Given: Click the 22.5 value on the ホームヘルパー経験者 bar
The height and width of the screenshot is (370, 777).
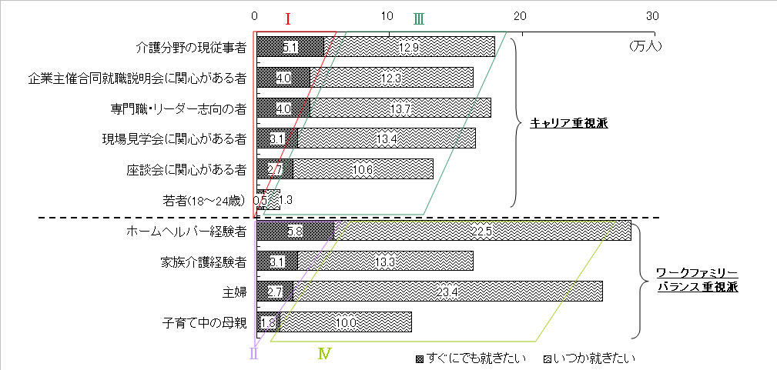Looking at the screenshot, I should (471, 231).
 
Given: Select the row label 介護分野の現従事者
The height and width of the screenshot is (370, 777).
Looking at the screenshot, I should (191, 48).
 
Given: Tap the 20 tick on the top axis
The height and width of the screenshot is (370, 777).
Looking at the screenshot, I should (521, 16).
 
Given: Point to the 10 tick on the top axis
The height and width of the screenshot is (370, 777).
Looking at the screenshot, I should (387, 16).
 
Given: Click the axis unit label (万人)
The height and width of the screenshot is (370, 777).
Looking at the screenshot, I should (645, 46).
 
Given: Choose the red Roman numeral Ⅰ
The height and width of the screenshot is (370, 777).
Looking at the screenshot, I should (287, 18).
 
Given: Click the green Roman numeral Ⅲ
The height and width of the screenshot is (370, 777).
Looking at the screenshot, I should (418, 18).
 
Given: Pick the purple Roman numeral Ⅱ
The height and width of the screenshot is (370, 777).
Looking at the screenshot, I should (253, 354).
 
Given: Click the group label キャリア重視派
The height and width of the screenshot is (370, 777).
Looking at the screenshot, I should (569, 123).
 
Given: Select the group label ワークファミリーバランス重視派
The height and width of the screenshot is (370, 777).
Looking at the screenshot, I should (697, 280).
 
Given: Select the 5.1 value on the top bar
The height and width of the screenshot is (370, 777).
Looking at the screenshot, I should (290, 48).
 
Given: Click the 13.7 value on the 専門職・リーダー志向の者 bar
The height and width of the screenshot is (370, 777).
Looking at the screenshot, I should (400, 108).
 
